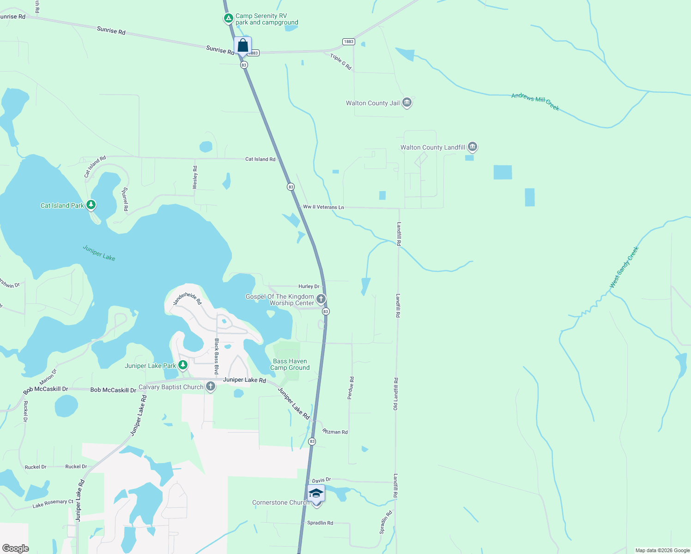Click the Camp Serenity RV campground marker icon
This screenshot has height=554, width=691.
228,18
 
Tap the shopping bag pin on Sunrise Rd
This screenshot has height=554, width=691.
242,46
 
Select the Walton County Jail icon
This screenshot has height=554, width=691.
407,102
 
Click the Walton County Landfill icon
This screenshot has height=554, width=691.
472,147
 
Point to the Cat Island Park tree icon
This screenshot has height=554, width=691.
91,205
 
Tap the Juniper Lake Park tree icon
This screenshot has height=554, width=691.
183,365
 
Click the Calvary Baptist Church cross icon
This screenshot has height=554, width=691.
211,386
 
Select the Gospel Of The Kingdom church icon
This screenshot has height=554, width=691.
321,299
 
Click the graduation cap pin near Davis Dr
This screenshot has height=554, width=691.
316,494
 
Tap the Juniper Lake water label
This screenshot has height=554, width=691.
99,253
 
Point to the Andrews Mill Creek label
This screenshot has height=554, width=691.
535,102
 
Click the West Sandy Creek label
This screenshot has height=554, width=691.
624,267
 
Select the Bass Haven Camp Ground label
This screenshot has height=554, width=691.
290,364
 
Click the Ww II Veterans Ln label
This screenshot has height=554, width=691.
323,207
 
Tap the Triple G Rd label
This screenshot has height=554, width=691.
341,62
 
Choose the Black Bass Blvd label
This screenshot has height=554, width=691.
216,356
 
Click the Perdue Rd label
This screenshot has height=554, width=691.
351,388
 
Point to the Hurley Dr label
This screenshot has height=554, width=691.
309,286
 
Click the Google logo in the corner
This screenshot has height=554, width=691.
15,548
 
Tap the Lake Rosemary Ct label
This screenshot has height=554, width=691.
53,504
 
